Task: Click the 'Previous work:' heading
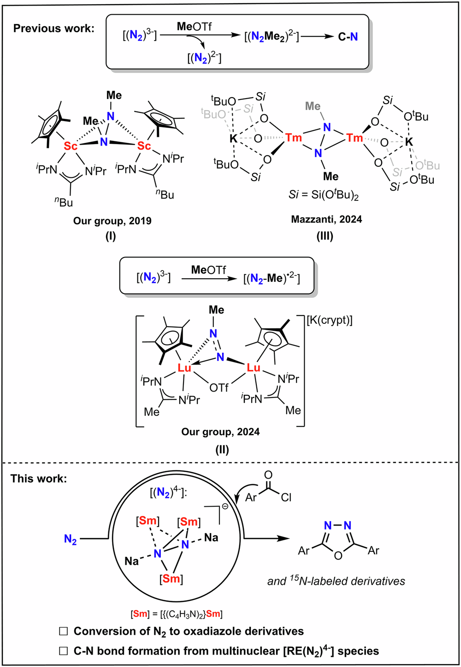[x=53, y=28]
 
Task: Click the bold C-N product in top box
[x=348, y=36]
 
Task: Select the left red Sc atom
[x=71, y=146]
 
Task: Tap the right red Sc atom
[x=144, y=146]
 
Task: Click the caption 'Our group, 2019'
[x=112, y=221]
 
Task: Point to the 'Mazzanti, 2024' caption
[x=326, y=219]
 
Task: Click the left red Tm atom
[x=293, y=137]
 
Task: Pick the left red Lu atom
[x=185, y=367]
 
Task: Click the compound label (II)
[x=222, y=449]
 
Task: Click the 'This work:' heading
[x=39, y=479]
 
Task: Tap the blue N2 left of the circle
[x=70, y=539]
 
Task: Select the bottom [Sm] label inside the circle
[x=171, y=578]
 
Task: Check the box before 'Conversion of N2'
[x=64, y=631]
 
